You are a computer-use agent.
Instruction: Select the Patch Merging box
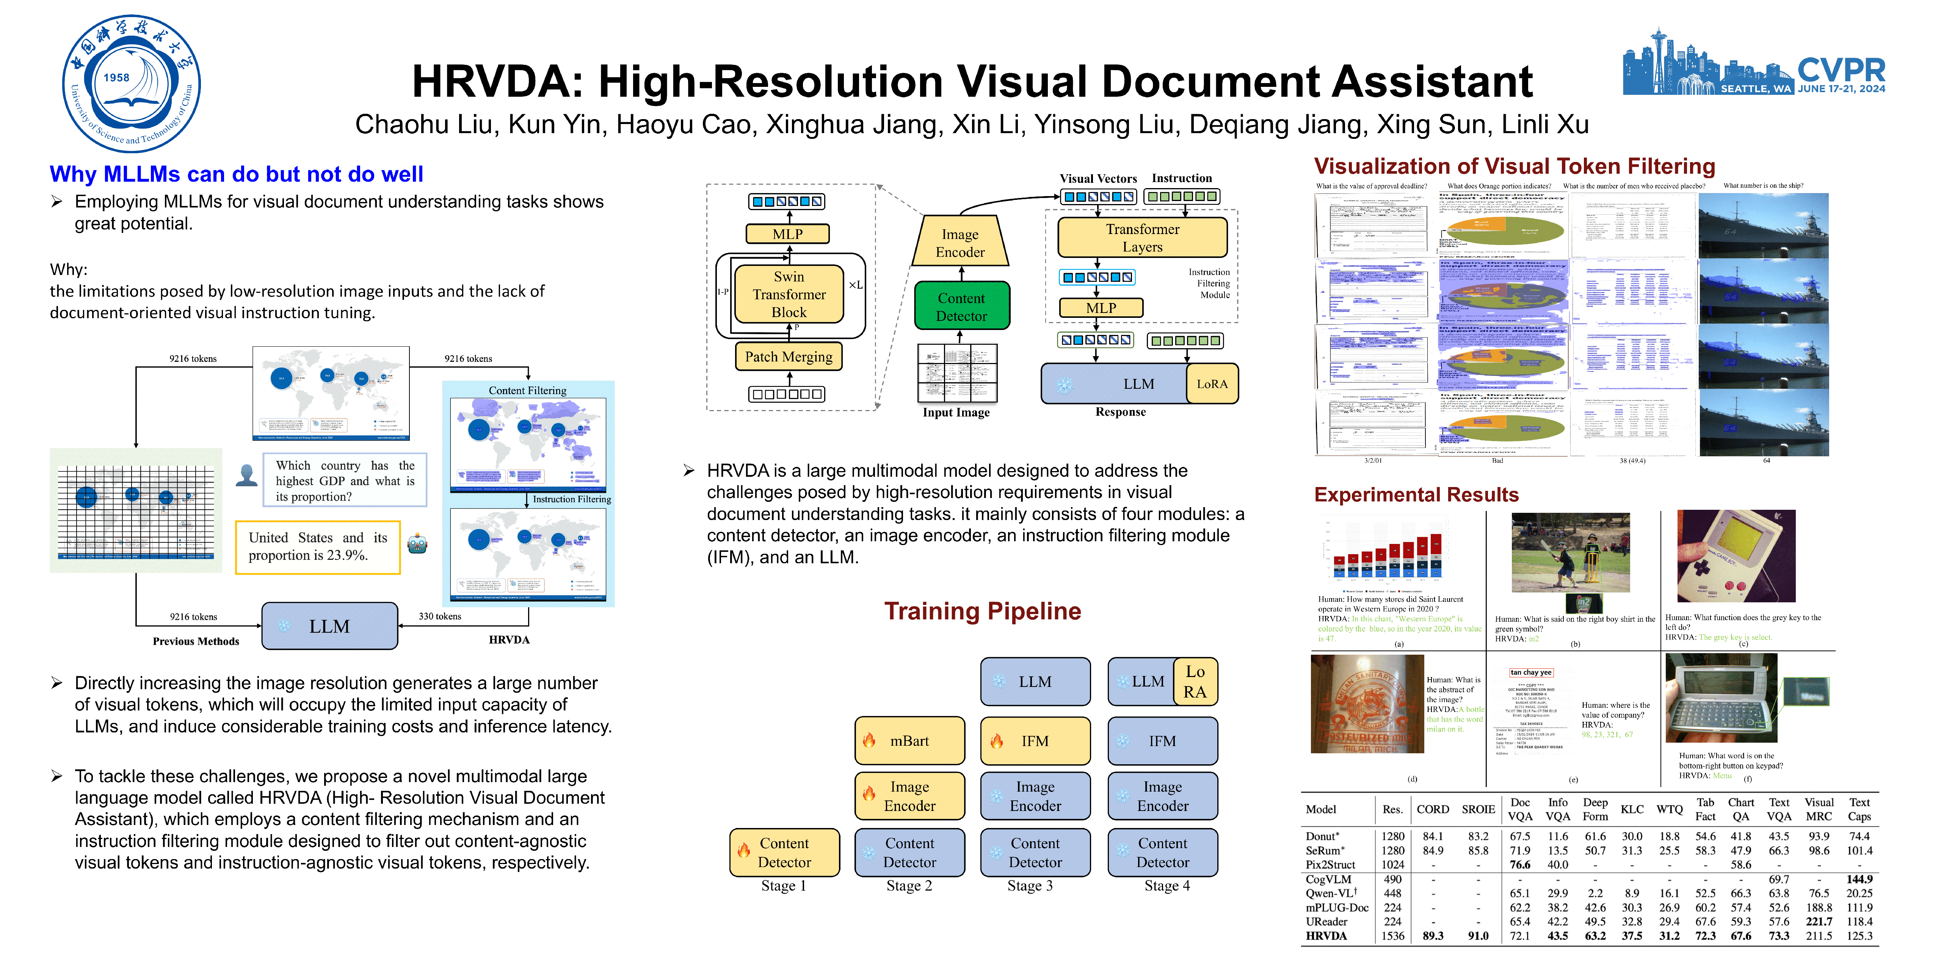pyautogui.click(x=788, y=357)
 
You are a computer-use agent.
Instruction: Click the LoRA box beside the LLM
pyautogui.click(x=1212, y=384)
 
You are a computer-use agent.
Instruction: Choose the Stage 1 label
pyautogui.click(x=784, y=886)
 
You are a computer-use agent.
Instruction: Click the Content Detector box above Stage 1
pyautogui.click(x=784, y=853)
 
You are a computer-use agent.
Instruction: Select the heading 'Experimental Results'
pyautogui.click(x=1416, y=495)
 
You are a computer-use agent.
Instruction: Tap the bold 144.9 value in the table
pyautogui.click(x=1859, y=879)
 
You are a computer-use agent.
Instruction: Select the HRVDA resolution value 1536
pyautogui.click(x=1392, y=936)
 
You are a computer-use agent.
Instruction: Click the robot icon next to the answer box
pyautogui.click(x=417, y=544)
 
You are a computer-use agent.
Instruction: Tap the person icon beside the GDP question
pyautogui.click(x=246, y=475)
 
